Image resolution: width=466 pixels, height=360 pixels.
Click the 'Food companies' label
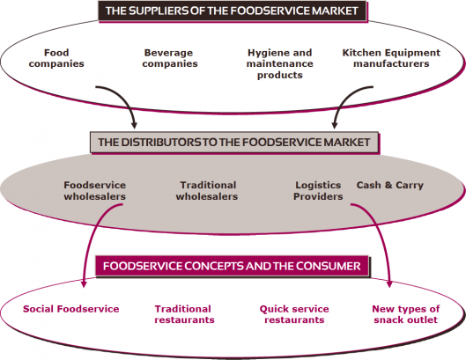(x=56, y=58)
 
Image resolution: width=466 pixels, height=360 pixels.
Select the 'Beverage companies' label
(x=170, y=58)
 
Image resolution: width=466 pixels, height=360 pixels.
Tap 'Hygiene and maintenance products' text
(x=279, y=64)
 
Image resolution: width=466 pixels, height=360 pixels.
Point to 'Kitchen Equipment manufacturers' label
(x=391, y=58)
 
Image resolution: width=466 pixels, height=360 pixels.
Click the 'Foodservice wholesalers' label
(x=95, y=191)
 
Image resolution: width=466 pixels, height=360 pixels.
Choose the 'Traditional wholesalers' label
(x=207, y=191)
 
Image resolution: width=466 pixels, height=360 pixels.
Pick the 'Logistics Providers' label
(x=318, y=191)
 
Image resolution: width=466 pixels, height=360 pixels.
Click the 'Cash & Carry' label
(x=390, y=186)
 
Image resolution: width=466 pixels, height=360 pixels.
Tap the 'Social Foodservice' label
(x=71, y=309)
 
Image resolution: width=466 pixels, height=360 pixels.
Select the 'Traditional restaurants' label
(x=184, y=314)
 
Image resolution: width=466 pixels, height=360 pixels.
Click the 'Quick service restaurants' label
(x=294, y=314)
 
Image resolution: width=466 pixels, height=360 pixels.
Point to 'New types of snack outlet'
(x=406, y=314)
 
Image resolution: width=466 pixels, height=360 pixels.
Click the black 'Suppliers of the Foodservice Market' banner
(x=232, y=11)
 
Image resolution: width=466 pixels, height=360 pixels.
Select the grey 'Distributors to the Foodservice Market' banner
(x=234, y=143)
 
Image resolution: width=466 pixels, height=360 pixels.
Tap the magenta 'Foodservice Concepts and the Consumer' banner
(x=232, y=266)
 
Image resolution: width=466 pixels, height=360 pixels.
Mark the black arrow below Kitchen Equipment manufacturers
(x=342, y=99)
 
